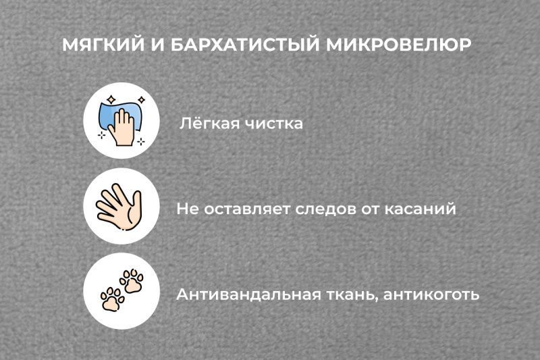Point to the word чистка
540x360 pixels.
tap(273, 124)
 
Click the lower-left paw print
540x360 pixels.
tap(112, 298)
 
